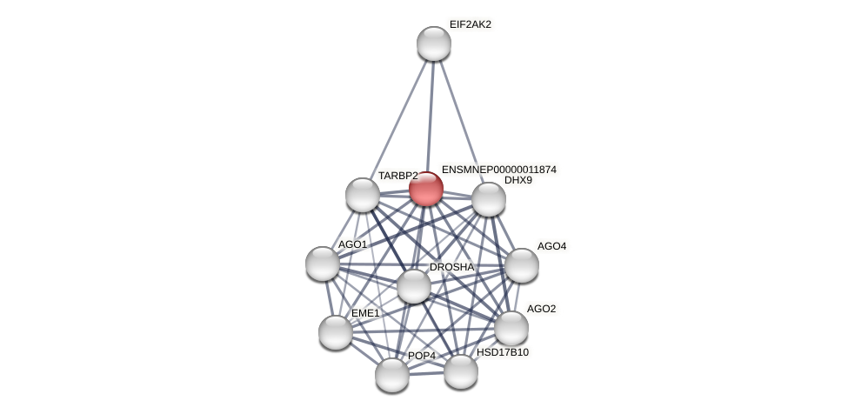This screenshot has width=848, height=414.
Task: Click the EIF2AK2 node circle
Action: click(x=433, y=43)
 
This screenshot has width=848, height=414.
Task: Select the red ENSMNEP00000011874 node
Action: click(x=426, y=189)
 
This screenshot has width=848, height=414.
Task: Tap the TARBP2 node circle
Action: click(x=363, y=195)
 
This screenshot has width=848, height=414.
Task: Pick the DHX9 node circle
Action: click(x=489, y=199)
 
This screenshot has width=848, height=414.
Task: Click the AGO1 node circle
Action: click(x=323, y=264)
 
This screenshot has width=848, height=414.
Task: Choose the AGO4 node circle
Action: click(x=522, y=265)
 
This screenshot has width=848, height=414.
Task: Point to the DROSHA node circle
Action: click(x=414, y=286)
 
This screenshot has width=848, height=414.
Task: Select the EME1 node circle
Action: click(x=336, y=332)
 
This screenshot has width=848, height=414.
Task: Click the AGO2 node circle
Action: click(x=511, y=328)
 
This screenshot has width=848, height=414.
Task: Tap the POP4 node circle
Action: click(x=392, y=375)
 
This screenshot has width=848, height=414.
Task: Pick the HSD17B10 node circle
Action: click(x=461, y=371)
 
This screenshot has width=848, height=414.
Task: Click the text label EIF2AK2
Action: click(x=470, y=24)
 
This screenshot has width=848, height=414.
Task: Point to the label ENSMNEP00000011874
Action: click(x=498, y=170)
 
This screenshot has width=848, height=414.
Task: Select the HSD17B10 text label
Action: click(x=502, y=352)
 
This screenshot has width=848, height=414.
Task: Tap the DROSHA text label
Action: click(x=451, y=267)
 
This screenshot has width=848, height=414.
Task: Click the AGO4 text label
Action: click(x=551, y=246)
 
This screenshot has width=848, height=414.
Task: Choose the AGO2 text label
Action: click(x=541, y=309)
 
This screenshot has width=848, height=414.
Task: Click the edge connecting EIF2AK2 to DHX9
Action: click(x=461, y=121)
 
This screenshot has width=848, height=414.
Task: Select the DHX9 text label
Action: click(x=517, y=181)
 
